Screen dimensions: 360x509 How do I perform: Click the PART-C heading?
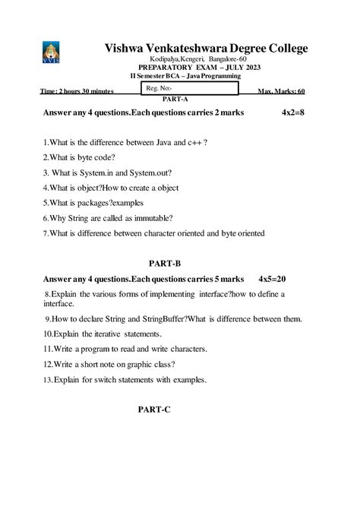[154, 409]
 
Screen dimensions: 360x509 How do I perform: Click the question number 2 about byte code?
[46, 157]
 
